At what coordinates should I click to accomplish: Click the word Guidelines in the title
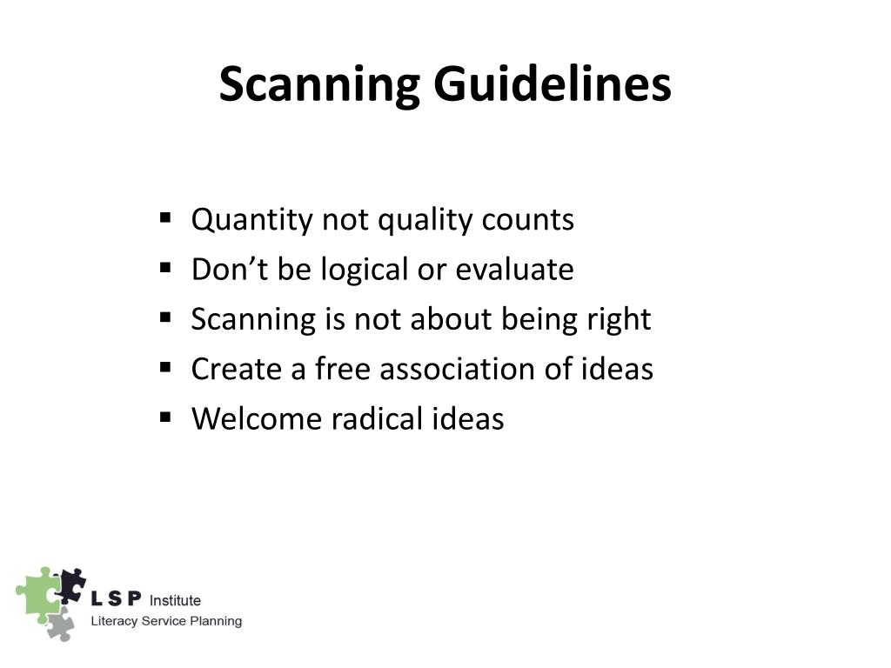point(553,85)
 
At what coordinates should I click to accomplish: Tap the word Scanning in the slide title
point(319,85)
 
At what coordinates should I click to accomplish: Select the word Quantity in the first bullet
point(252,220)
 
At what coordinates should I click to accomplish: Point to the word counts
point(534,220)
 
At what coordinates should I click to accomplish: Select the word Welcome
point(257,418)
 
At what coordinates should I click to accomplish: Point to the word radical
point(377,418)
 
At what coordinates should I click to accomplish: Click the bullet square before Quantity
point(165,218)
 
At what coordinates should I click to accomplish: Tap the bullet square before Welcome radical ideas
point(165,417)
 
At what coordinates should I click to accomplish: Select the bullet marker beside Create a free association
point(165,367)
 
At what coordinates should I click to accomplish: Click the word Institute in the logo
point(175,600)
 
